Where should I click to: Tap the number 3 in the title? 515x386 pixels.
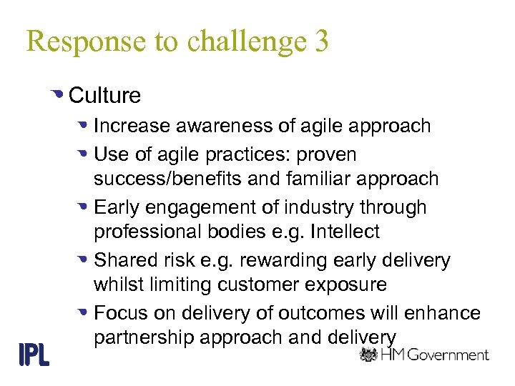[x=320, y=41]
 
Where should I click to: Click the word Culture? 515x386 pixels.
[x=105, y=95]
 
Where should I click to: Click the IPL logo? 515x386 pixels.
[x=33, y=354]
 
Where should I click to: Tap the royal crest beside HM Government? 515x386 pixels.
[x=368, y=355]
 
